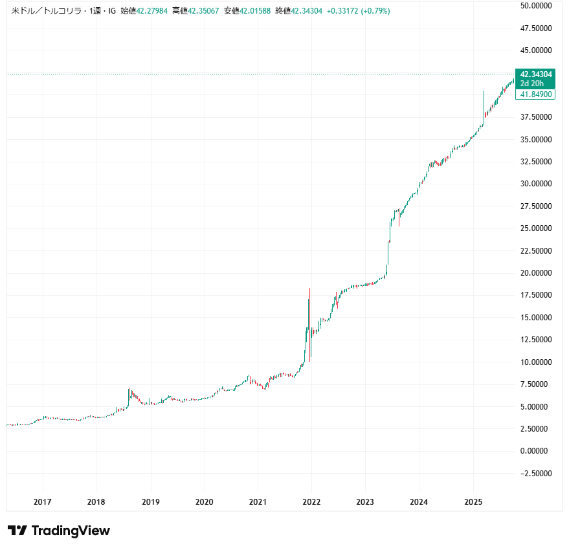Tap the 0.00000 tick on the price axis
point(537,451)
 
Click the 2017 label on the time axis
point(43,502)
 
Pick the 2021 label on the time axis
point(258,502)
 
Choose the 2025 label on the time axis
point(473,502)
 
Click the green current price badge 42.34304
point(535,74)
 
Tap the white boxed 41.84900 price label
point(535,94)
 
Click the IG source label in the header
point(111,11)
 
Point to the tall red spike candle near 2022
point(310,324)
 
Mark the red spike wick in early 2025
point(484,107)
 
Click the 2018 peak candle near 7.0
point(129,393)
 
